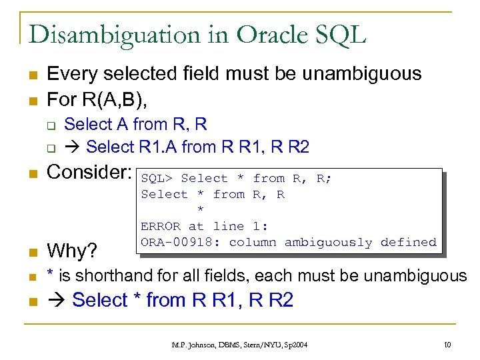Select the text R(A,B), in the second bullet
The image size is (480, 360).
tap(117, 99)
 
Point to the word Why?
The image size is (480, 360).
tap(72, 251)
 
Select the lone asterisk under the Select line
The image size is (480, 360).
tap(201, 211)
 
